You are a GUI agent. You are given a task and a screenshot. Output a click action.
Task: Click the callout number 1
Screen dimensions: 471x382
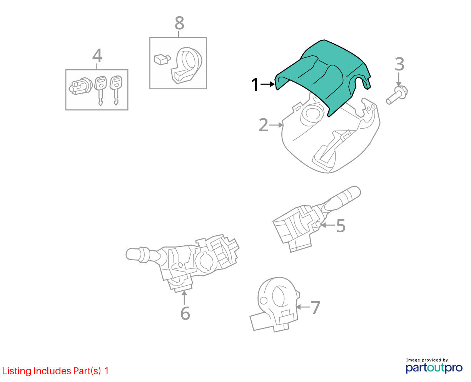point(255,84)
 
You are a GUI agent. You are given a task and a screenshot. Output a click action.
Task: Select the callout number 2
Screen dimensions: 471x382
point(263,125)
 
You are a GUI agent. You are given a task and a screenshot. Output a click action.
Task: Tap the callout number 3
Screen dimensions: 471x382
point(399,64)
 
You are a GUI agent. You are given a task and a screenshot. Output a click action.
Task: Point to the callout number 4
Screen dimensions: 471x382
point(97,55)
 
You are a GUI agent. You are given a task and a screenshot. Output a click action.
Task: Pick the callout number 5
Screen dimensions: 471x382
point(341,226)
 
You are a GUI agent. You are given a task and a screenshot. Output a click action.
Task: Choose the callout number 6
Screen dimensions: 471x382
point(185,313)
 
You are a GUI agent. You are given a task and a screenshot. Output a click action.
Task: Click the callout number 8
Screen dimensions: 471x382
point(179,23)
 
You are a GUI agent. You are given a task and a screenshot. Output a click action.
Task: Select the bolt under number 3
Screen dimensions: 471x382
point(397,95)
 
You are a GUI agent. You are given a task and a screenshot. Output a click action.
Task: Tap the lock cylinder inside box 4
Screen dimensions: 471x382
point(80,87)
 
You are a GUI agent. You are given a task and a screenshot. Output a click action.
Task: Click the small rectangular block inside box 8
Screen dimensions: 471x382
point(162,59)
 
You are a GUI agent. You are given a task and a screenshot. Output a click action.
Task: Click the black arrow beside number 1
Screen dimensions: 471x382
point(267,84)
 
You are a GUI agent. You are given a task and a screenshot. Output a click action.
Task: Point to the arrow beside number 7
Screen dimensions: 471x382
point(303,307)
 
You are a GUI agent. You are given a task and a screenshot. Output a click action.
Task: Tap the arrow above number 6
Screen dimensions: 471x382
point(184,298)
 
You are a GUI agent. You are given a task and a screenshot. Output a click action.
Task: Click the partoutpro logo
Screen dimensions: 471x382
point(434,368)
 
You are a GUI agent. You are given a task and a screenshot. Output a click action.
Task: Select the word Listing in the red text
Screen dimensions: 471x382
point(17,371)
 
